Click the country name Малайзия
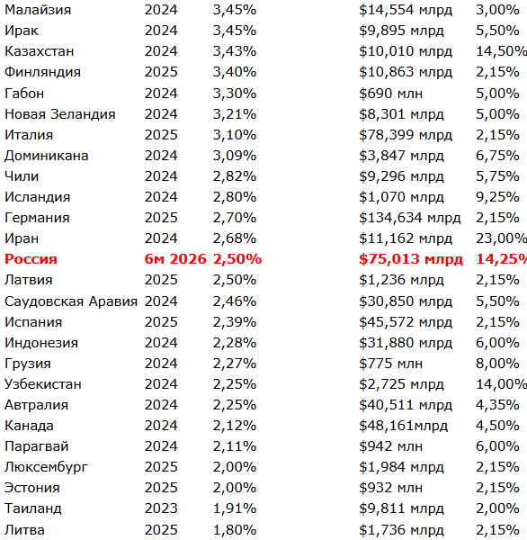click(38, 10)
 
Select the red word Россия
click(31, 259)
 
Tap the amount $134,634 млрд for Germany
click(409, 218)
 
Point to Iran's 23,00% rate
click(501, 238)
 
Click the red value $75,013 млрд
click(411, 259)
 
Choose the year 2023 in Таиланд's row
click(161, 508)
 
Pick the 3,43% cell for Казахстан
click(235, 51)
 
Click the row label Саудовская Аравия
click(71, 301)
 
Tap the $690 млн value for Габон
click(390, 94)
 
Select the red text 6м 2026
click(175, 259)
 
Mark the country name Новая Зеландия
click(60, 114)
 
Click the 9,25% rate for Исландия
click(497, 197)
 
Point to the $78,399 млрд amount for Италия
click(406, 135)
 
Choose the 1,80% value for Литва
click(235, 530)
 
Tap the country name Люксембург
click(46, 467)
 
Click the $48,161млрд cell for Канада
click(403, 426)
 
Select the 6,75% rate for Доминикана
click(497, 156)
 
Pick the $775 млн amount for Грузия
click(390, 364)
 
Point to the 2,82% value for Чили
click(235, 176)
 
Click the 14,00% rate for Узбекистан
click(501, 384)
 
